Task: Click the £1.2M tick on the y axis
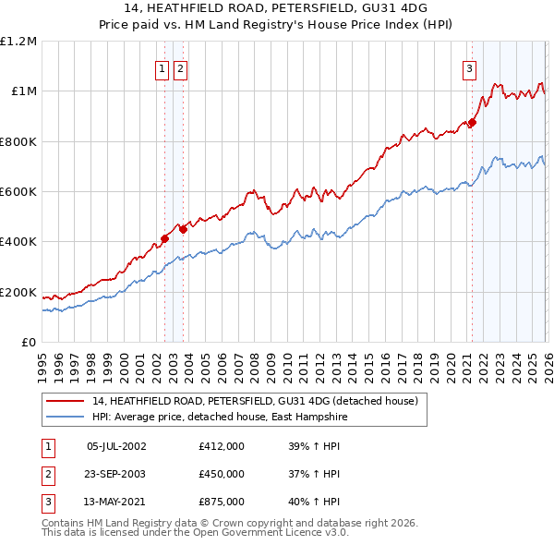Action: (x=18, y=42)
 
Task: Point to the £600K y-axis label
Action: (x=18, y=192)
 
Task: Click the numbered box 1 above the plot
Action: (x=162, y=68)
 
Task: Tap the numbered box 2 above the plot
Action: (x=179, y=68)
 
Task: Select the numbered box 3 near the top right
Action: (x=469, y=68)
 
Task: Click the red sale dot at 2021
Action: (x=472, y=122)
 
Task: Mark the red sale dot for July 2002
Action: (x=164, y=238)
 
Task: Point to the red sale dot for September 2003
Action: (x=184, y=229)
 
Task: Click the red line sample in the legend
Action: (x=66, y=401)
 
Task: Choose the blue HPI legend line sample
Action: (x=66, y=417)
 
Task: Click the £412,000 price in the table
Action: (x=222, y=446)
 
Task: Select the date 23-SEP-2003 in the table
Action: (x=115, y=474)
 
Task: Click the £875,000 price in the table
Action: (x=222, y=502)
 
